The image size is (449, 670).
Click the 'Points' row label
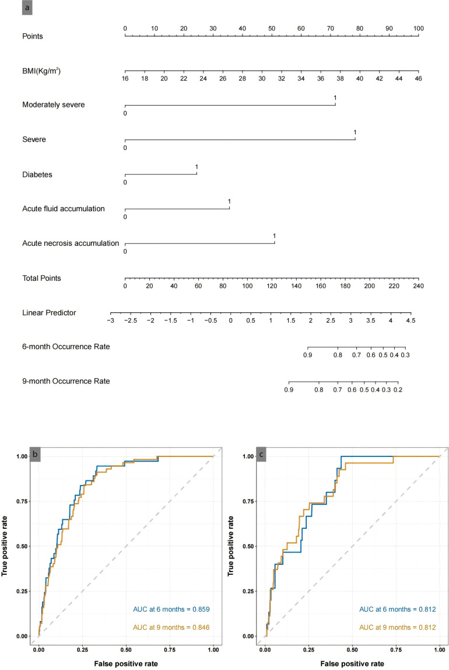pos(33,36)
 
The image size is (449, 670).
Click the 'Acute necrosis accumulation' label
pos(71,243)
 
